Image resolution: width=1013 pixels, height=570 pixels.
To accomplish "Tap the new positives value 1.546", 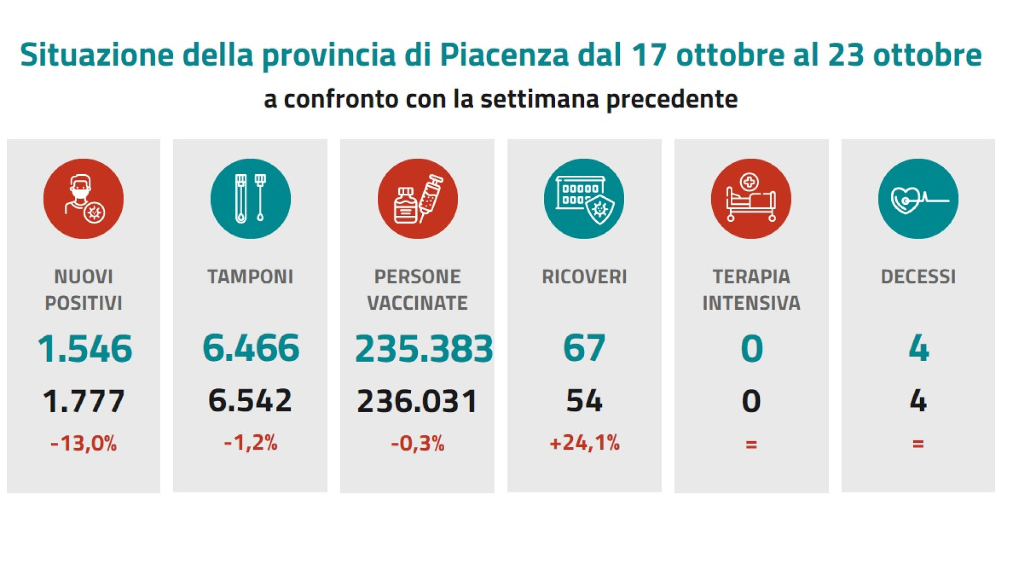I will tap(84, 349).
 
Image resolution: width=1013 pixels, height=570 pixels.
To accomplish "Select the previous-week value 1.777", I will tap(84, 401).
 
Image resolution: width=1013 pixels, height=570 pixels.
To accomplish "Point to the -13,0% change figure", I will tap(83, 443).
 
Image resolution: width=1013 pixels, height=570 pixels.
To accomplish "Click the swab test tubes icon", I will tap(251, 199).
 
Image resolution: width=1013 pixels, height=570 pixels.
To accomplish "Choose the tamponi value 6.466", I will tap(251, 348).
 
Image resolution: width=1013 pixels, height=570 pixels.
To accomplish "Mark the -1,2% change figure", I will tap(251, 443).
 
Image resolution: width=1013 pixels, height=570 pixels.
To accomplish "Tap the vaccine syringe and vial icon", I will tap(417, 199).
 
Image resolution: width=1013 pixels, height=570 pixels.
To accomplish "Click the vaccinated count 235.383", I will tap(424, 349).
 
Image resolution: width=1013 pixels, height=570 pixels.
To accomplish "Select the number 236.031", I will tap(417, 401).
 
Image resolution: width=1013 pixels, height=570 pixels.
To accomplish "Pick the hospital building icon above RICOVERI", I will tap(584, 199).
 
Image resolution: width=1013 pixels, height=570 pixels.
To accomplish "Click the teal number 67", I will tap(584, 348).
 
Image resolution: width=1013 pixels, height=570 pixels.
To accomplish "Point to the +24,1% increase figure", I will tap(584, 443).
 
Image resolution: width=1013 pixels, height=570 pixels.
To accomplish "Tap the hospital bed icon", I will tap(751, 199).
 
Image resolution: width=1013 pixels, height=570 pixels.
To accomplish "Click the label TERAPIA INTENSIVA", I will tap(751, 290).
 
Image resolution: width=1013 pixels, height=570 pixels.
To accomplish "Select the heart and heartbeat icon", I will tap(918, 199).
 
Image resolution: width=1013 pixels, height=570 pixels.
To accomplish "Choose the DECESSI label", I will tap(918, 277).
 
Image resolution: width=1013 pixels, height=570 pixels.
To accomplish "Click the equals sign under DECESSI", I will tap(918, 444).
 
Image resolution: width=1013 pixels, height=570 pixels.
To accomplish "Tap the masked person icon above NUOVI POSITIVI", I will tap(83, 199).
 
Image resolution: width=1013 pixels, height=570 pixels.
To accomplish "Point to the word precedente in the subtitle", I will tap(672, 99).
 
